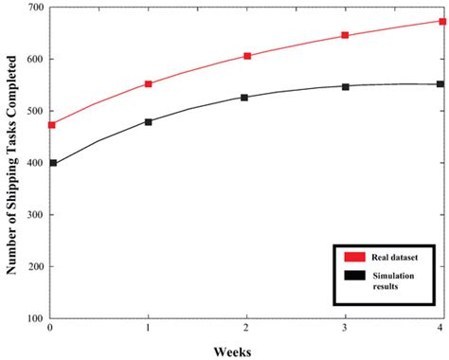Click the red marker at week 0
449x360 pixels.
pos(51,125)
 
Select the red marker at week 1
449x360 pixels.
pos(149,83)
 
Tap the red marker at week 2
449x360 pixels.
pos(247,56)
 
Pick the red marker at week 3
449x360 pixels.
pos(345,35)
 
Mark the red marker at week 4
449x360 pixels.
pos(441,21)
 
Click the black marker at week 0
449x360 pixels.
pos(51,163)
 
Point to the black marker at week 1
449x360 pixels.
pos(149,121)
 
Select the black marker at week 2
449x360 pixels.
pos(247,97)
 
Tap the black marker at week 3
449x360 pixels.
pos(345,86)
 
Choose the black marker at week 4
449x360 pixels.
pos(441,83)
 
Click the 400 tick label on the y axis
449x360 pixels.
pos(36,163)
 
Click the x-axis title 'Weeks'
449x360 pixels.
pos(246,350)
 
